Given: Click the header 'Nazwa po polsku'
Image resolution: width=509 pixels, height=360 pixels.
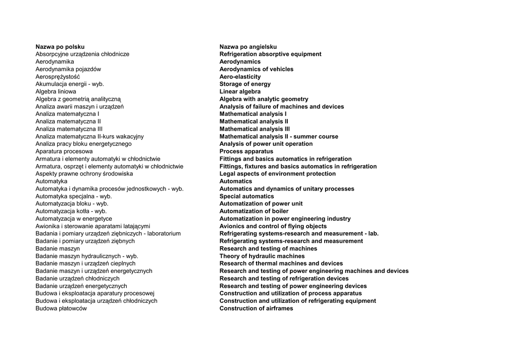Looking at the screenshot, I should click(x=60, y=47).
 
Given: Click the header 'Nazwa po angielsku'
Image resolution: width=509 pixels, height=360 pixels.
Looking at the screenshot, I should click(x=248, y=47).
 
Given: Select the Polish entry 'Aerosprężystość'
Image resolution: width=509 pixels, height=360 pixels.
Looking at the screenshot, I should click(x=58, y=77).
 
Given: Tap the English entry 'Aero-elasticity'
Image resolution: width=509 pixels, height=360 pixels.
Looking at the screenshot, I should click(x=240, y=77).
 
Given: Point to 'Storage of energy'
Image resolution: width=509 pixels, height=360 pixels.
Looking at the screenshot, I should click(x=245, y=84).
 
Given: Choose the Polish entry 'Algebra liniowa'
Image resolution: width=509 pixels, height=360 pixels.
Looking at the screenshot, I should click(x=56, y=91).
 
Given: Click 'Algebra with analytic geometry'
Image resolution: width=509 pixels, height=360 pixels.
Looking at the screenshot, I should click(x=264, y=99).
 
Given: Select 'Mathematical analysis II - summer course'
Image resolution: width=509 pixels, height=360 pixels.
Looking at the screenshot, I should click(x=279, y=136).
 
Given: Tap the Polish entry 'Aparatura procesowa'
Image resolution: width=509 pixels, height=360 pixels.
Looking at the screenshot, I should click(x=64, y=151).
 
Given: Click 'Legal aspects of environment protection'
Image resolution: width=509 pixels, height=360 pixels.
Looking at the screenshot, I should click(x=277, y=174).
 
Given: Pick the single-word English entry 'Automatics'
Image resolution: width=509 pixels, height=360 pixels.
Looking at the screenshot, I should click(x=236, y=181).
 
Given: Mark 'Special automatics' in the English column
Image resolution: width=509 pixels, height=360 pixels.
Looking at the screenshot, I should click(x=247, y=196).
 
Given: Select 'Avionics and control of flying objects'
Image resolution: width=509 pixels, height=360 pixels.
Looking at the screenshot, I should click(x=273, y=226).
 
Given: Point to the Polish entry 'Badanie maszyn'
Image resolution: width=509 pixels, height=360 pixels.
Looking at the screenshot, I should click(x=58, y=249).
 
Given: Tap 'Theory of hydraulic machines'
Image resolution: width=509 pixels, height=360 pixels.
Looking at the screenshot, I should click(x=262, y=256).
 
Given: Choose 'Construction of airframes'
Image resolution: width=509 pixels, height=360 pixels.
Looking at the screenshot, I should click(x=256, y=308).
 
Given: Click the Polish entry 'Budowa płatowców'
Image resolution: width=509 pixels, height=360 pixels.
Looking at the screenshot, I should click(x=61, y=308).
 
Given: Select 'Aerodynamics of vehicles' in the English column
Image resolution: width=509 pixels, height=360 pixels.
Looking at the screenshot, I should click(x=256, y=69).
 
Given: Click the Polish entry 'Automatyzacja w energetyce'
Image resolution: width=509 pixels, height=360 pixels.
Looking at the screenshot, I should click(x=74, y=219).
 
